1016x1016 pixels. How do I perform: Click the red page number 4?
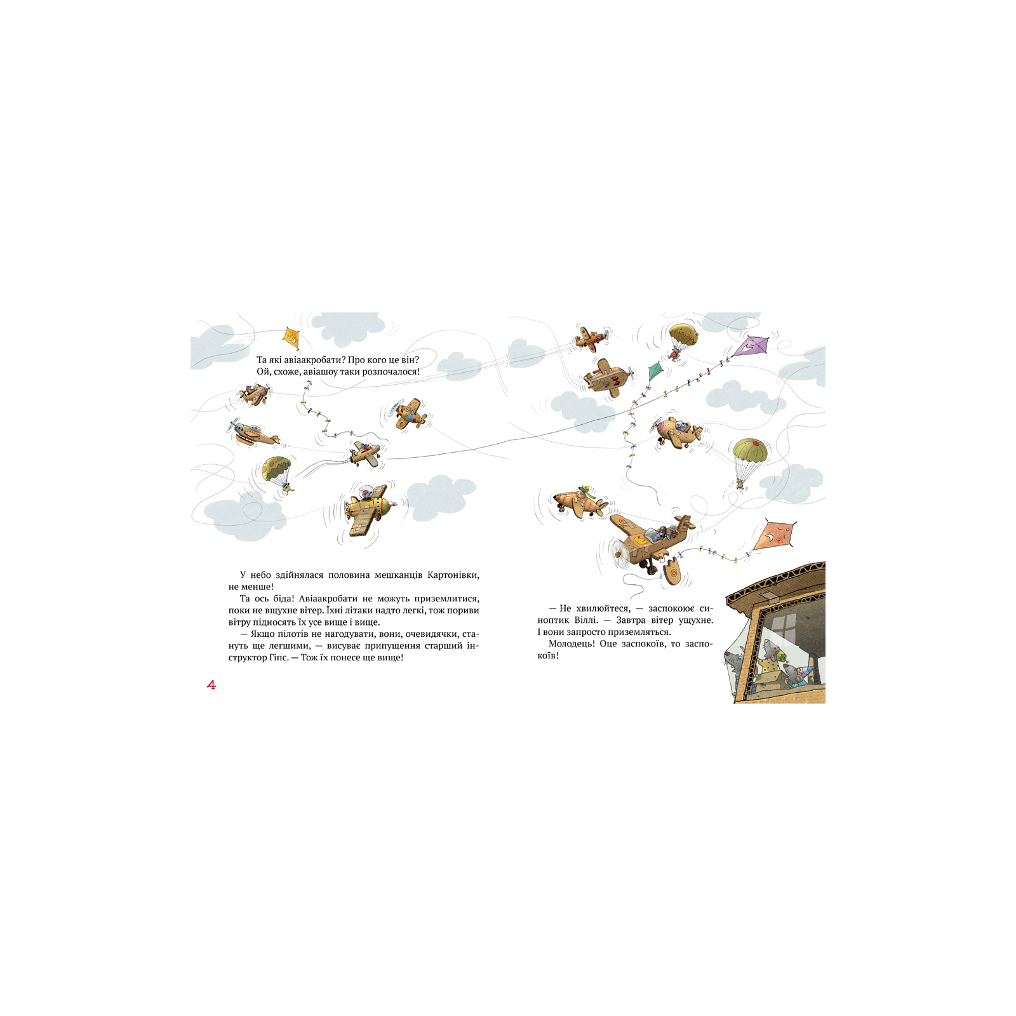click(x=211, y=685)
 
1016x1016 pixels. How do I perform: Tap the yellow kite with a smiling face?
click(x=291, y=338)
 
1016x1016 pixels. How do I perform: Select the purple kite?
click(x=750, y=347)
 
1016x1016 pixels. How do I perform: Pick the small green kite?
click(x=655, y=371)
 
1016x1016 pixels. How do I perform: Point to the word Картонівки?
click(x=453, y=575)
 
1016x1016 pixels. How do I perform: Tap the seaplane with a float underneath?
click(x=253, y=434)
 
